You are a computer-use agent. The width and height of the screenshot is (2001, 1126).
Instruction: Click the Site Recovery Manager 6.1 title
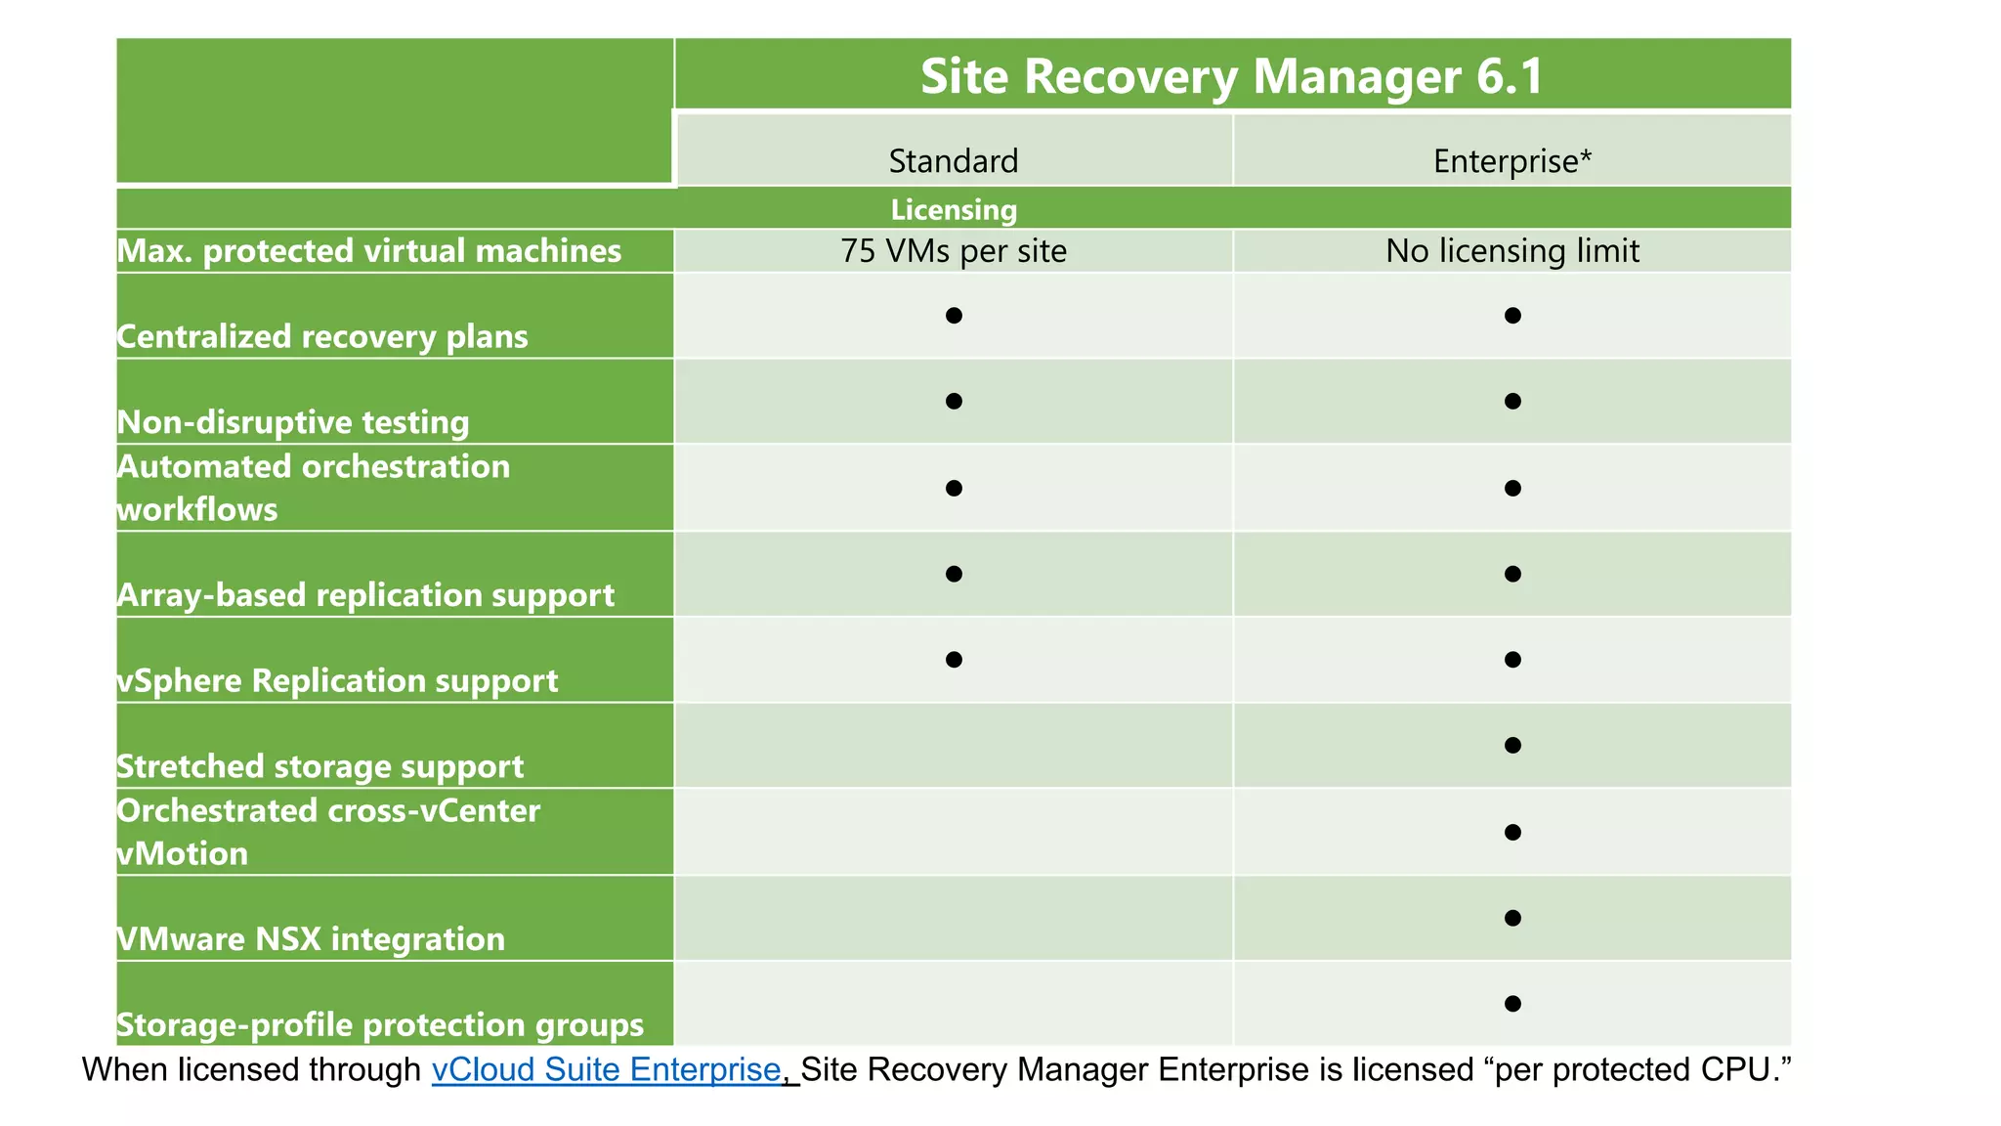pyautogui.click(x=1232, y=76)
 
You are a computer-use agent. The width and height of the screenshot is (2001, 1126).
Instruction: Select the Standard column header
pyautogui.click(x=953, y=160)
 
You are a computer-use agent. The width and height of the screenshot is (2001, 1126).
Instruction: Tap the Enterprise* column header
pyautogui.click(x=1511, y=160)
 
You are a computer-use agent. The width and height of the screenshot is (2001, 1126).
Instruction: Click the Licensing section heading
pyautogui.click(x=954, y=209)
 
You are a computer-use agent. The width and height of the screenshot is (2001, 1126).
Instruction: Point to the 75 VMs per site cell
pyautogui.click(x=953, y=251)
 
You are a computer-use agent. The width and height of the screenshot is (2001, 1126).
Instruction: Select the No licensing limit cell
pyautogui.click(x=1511, y=251)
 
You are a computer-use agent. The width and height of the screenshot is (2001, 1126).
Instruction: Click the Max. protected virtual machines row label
pyautogui.click(x=369, y=251)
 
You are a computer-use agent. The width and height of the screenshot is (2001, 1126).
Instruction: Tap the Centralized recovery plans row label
pyautogui.click(x=322, y=336)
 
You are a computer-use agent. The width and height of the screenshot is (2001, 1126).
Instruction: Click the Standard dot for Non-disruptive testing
pyautogui.click(x=954, y=401)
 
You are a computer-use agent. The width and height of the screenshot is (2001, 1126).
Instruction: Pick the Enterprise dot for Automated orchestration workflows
pyautogui.click(x=1512, y=488)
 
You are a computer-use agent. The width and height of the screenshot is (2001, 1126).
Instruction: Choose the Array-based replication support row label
pyautogui.click(x=365, y=594)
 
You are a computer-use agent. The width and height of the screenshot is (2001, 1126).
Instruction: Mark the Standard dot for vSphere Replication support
pyautogui.click(x=954, y=660)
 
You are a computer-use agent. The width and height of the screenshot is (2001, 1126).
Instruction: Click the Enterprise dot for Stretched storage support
pyautogui.click(x=1512, y=746)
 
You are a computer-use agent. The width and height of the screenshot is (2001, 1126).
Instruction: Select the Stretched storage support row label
pyautogui.click(x=320, y=766)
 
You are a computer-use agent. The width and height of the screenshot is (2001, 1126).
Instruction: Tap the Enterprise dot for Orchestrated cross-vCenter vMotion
pyautogui.click(x=1512, y=832)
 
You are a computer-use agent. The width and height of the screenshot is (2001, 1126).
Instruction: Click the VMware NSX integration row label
pyautogui.click(x=311, y=939)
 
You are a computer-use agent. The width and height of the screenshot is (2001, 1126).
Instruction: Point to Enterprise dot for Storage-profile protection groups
pyautogui.click(x=1512, y=1004)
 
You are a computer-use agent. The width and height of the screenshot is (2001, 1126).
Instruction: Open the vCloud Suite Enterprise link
pyautogui.click(x=606, y=1069)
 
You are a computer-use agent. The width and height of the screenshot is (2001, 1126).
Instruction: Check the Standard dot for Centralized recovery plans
pyautogui.click(x=954, y=315)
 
